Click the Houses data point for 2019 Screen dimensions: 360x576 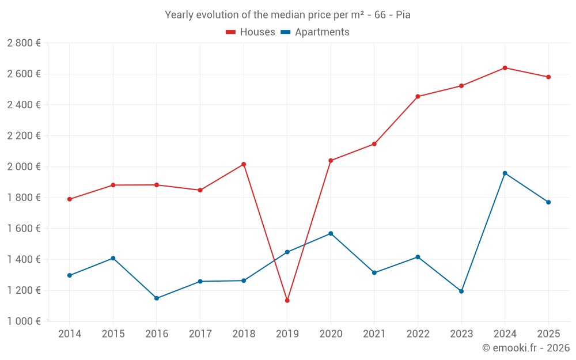tap(287, 301)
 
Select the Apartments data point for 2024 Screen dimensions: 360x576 tap(505, 173)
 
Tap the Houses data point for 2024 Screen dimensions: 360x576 tap(505, 68)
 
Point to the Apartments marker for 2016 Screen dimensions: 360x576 tap(157, 298)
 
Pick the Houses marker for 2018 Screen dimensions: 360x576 tap(244, 164)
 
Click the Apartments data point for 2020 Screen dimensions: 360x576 tap(331, 233)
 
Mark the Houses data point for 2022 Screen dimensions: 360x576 tap(418, 96)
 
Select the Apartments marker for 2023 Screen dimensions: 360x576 tap(461, 291)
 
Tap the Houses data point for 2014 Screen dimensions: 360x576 tap(70, 199)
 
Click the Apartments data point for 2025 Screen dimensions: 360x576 tap(548, 202)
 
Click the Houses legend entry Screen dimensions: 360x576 tap(251, 32)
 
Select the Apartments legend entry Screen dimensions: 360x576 tap(315, 32)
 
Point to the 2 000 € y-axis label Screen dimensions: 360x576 tap(24, 166)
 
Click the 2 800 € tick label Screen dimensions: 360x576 tap(24, 43)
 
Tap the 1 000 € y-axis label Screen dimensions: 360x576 tap(24, 321)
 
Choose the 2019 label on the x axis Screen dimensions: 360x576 tap(287, 334)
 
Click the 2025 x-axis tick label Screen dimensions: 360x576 tap(548, 334)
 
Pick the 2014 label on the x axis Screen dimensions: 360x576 tap(70, 334)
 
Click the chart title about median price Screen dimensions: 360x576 tap(287, 15)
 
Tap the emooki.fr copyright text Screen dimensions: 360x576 tap(525, 348)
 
